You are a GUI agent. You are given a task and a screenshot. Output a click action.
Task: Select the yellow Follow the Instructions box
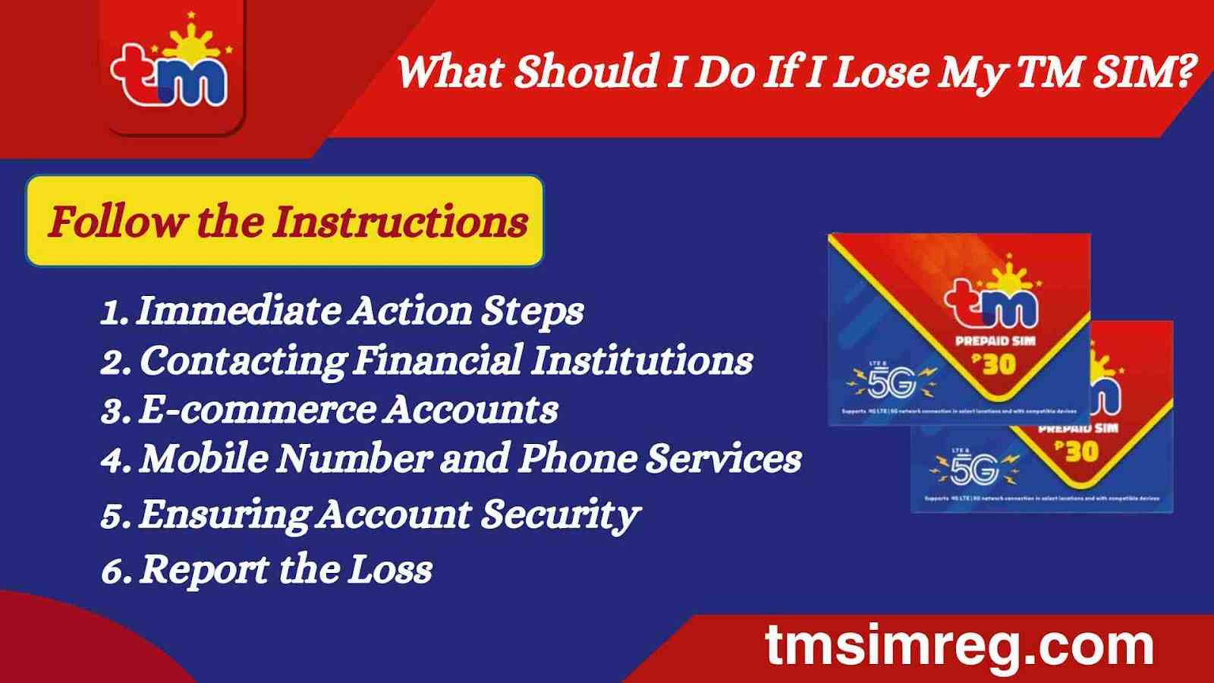coord(285,222)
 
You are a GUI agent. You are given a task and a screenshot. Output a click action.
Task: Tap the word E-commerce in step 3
coord(256,411)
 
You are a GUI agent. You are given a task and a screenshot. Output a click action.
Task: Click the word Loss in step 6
coord(390,570)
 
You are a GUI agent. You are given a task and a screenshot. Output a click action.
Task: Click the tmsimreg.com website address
coord(959,646)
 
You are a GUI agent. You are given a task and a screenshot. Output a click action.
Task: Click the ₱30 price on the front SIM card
coord(995,365)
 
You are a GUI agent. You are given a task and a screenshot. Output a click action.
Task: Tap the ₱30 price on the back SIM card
coord(1077,452)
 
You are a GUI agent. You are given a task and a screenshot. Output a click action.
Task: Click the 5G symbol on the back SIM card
coord(974,470)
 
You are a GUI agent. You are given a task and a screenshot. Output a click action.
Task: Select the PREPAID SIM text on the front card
coord(995,341)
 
